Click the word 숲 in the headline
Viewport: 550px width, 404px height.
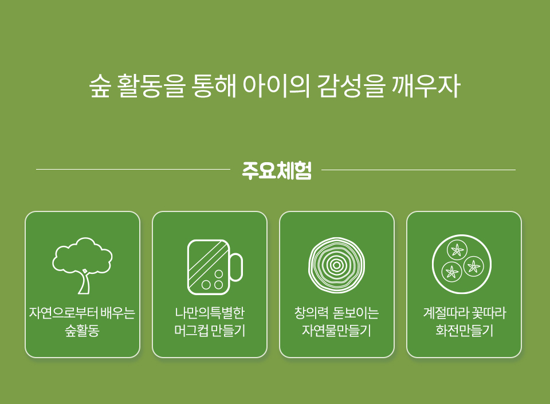click(x=100, y=86)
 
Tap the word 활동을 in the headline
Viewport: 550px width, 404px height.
click(x=151, y=86)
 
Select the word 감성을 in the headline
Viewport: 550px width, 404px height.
click(x=351, y=86)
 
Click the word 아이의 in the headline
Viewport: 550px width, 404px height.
click(x=276, y=86)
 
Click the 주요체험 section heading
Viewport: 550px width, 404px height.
click(x=277, y=171)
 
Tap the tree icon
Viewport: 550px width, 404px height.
click(x=82, y=265)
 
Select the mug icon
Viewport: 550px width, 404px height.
click(x=215, y=267)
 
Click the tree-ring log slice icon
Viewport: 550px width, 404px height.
click(x=336, y=265)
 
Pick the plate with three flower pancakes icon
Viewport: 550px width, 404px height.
click(x=462, y=264)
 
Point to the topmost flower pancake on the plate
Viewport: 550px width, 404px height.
click(x=457, y=250)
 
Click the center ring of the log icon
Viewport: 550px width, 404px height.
click(x=336, y=265)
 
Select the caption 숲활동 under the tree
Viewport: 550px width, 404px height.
click(x=82, y=330)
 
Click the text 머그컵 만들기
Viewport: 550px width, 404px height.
click(x=210, y=330)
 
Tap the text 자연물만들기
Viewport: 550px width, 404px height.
click(x=336, y=330)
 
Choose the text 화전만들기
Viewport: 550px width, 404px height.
click(x=465, y=330)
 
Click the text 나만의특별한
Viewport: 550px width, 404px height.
click(x=210, y=313)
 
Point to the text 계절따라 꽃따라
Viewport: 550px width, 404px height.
click(x=465, y=313)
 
